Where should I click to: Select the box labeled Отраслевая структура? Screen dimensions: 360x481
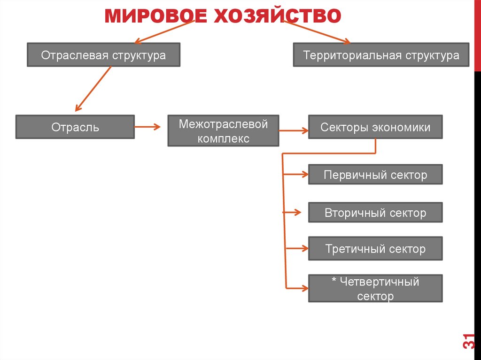103,55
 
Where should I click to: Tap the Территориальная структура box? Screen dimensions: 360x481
381,55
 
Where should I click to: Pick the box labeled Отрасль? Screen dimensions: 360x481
75,127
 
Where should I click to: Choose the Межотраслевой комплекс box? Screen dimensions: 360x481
223,131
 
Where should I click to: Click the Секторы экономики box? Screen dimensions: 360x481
375,127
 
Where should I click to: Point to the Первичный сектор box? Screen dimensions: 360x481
375,175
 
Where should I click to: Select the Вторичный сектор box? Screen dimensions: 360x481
375,213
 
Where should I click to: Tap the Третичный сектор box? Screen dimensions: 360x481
375,249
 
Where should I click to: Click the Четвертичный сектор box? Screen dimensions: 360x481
375,289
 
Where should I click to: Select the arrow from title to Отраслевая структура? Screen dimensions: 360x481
164,32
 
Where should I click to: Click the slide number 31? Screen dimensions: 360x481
468,341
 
